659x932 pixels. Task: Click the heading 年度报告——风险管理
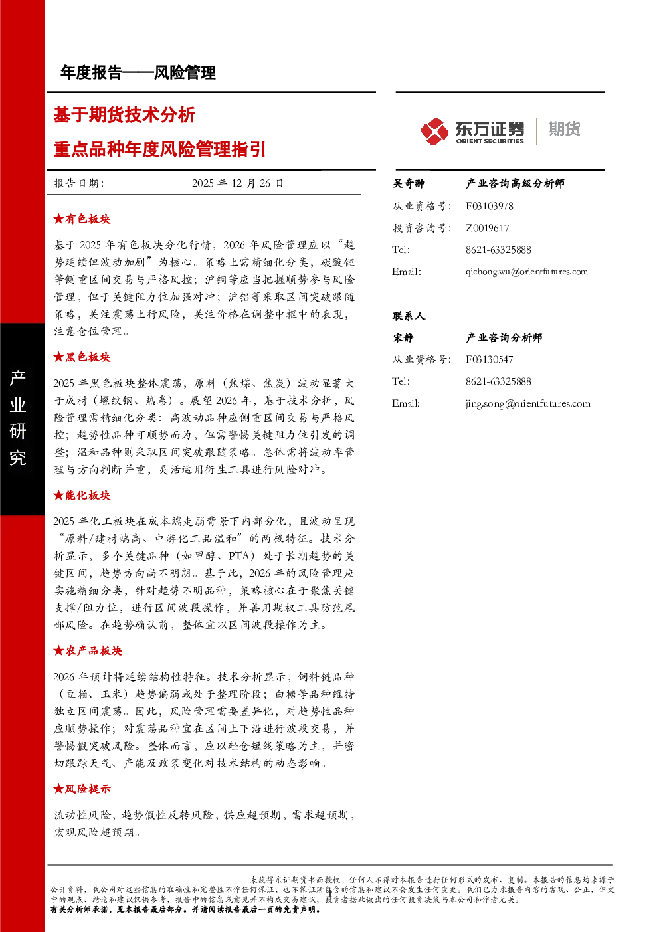[x=138, y=73]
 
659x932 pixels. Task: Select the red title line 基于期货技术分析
[x=124, y=115]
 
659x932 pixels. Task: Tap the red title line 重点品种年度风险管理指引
[x=159, y=149]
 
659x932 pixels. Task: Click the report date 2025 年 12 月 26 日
[x=237, y=183]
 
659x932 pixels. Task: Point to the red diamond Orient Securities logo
[x=434, y=132]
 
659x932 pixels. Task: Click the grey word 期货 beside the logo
[x=564, y=129]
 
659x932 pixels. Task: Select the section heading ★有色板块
[x=82, y=219]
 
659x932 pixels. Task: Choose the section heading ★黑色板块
[x=82, y=357]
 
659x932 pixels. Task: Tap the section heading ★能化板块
[x=82, y=495]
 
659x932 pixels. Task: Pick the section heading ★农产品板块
[x=88, y=651]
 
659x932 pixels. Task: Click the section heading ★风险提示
[x=82, y=789]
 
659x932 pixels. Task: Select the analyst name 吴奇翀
[x=409, y=183]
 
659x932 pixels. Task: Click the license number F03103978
[x=489, y=206]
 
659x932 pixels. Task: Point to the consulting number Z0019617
[x=487, y=228]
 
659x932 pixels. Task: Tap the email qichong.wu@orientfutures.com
[x=527, y=272]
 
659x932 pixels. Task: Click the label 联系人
[x=409, y=316]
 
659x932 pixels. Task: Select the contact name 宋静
[x=403, y=338]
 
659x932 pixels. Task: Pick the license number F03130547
[x=489, y=359]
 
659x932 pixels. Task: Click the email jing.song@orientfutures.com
[x=528, y=404]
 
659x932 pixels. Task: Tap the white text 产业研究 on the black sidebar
[x=18, y=418]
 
